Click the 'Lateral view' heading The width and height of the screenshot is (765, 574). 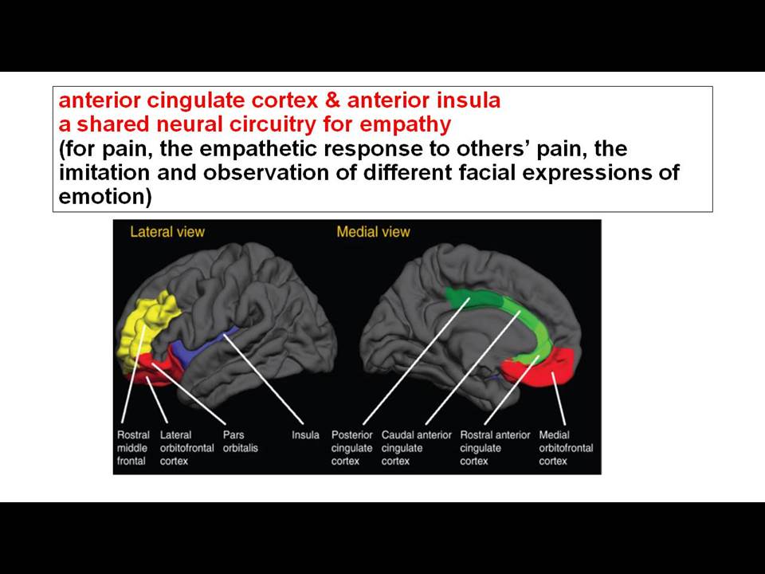point(167,232)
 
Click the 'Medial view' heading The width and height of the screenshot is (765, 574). point(373,232)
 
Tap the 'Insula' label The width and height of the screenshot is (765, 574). point(305,435)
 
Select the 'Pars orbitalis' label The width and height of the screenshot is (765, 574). point(241,441)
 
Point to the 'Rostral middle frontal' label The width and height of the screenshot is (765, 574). point(133,448)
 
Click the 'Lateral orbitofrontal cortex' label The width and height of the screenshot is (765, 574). point(186,448)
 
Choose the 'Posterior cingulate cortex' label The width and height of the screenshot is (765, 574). point(351,448)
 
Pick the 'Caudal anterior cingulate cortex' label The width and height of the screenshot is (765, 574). point(417,448)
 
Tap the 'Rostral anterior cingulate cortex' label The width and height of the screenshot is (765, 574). point(495,448)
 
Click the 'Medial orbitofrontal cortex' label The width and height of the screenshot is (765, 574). point(566,448)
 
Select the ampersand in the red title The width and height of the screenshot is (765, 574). point(331,100)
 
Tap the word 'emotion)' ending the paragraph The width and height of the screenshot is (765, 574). point(105,197)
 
